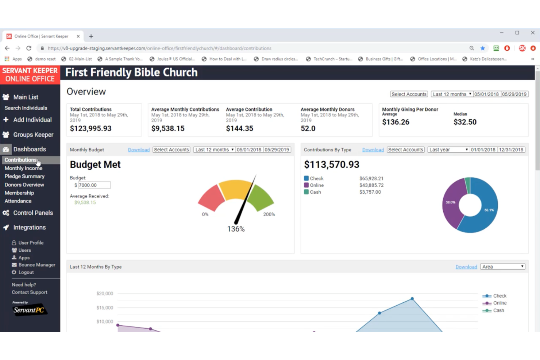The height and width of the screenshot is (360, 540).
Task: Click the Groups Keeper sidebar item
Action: (33, 135)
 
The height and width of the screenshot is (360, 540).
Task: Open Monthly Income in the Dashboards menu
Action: (23, 168)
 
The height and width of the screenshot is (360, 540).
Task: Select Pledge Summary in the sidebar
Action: (24, 176)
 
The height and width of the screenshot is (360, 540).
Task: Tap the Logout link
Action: (26, 272)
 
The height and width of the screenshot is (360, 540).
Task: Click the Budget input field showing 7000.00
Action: (94, 185)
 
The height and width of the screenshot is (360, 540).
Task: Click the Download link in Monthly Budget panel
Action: (139, 150)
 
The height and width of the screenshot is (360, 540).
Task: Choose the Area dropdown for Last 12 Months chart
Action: (503, 267)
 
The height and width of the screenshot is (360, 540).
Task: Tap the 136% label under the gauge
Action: (236, 229)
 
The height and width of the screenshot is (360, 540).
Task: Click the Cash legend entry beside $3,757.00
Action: (315, 192)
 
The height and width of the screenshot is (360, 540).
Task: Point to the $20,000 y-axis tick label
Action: (105, 293)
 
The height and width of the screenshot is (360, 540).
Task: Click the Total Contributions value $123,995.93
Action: (90, 128)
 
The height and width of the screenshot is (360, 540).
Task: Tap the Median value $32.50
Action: (465, 122)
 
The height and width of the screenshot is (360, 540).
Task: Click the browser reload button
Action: (29, 48)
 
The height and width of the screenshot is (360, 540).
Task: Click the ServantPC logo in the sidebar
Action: (29, 310)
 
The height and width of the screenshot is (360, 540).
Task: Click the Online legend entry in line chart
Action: (499, 303)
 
